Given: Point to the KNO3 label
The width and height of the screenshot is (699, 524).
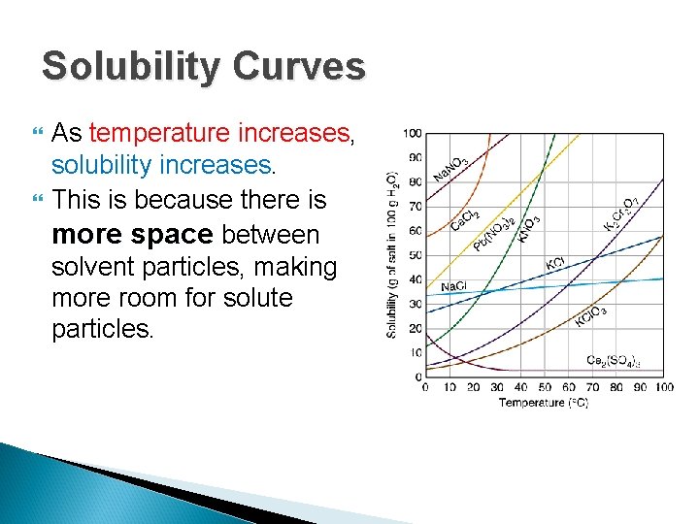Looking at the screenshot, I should (527, 226).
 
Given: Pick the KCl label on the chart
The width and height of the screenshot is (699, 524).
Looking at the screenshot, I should (555, 263).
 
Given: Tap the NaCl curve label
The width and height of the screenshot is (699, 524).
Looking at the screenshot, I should (453, 287).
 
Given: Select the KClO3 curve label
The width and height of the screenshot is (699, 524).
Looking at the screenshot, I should (591, 315).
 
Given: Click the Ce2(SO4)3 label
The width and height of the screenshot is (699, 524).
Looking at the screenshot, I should (614, 361).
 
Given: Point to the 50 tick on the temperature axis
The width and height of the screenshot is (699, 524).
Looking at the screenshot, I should (544, 388).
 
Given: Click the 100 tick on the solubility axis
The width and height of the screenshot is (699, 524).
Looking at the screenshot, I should (413, 133).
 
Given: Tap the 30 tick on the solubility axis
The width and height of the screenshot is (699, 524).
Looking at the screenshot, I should (415, 304).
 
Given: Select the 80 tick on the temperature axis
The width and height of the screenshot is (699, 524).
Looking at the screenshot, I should (616, 388).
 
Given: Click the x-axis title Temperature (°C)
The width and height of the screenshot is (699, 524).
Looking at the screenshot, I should (544, 403).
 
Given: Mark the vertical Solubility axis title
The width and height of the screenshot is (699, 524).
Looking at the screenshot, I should (392, 254).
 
